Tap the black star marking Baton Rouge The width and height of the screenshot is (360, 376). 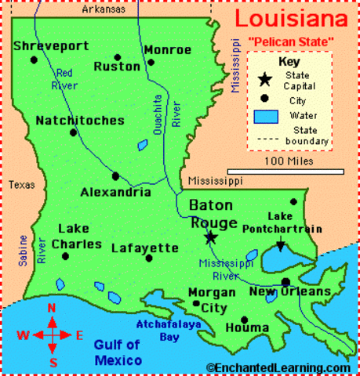[210, 237]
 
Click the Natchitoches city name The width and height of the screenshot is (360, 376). [79, 121]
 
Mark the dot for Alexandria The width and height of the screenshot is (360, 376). [115, 176]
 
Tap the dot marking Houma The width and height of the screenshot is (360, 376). [245, 320]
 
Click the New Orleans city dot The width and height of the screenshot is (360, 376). [286, 282]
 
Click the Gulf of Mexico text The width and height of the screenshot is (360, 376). [116, 352]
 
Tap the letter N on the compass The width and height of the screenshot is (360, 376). [52, 308]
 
